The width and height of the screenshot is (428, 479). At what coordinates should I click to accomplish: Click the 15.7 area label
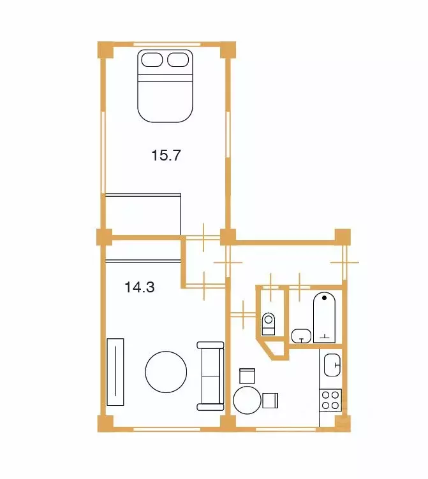166,155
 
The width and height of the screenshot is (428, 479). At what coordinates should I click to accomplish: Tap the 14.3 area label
140,287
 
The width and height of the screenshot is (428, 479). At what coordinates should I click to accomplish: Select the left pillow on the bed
152,60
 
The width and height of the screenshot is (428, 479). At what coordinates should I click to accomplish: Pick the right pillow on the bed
178,60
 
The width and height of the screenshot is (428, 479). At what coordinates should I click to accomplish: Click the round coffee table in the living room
166,372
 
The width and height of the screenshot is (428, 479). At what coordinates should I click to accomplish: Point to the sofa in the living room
210,376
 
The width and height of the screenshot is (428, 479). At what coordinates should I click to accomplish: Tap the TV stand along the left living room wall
115,372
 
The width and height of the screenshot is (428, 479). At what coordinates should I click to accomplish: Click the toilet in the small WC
269,324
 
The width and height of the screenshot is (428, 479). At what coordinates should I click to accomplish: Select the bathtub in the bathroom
324,318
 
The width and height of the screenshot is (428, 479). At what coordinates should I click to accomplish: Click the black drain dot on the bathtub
324,297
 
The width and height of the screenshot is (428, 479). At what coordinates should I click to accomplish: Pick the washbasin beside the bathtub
301,336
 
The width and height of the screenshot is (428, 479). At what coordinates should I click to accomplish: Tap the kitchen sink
332,365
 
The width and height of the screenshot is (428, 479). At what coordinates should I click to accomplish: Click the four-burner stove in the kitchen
330,400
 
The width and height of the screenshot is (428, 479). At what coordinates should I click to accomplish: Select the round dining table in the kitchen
247,400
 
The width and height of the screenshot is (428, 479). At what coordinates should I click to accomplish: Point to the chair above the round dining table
247,376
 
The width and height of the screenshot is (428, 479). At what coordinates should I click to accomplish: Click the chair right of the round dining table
270,401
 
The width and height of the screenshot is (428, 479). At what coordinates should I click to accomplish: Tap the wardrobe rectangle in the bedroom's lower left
143,214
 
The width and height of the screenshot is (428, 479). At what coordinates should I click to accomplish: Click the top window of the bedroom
167,45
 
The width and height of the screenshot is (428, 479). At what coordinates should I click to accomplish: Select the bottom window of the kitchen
285,429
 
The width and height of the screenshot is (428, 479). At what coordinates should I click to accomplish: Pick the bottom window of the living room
167,429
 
